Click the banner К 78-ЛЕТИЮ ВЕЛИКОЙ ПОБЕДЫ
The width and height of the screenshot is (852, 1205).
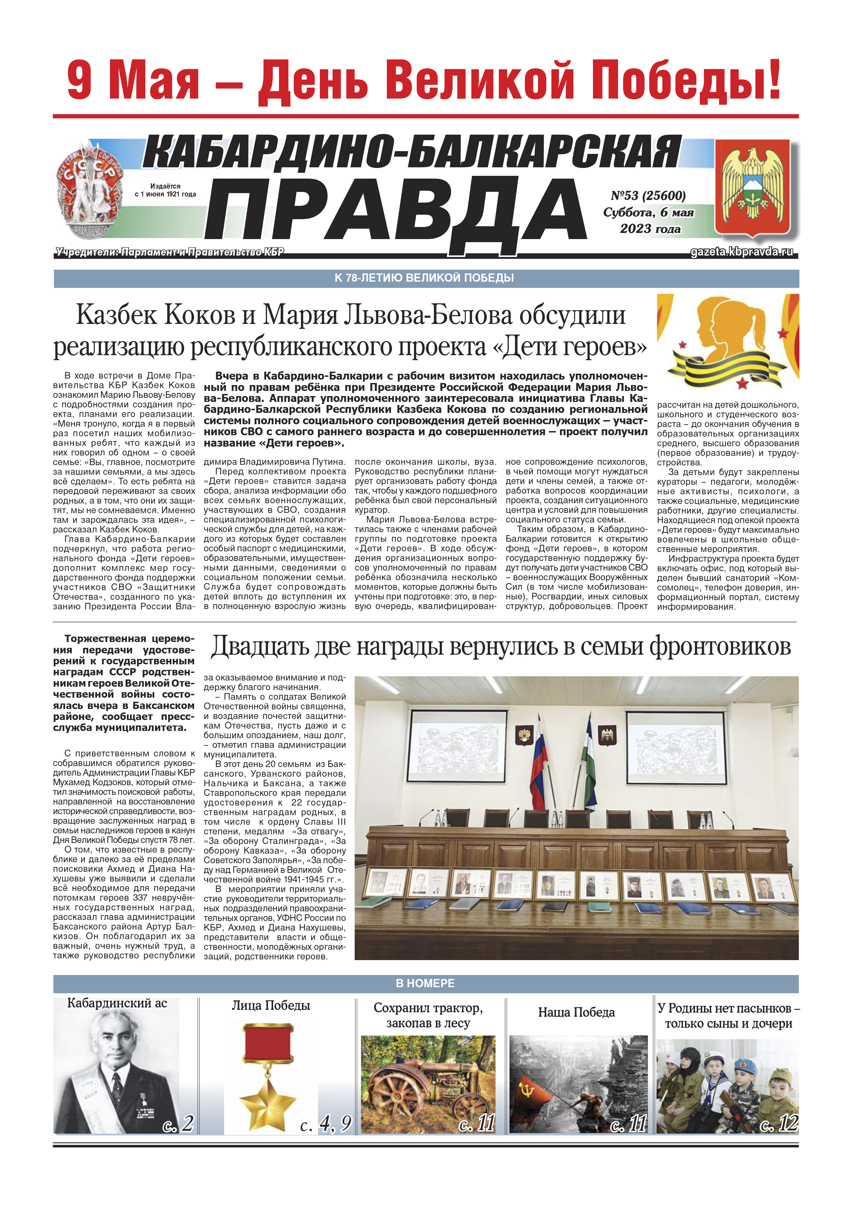(426, 278)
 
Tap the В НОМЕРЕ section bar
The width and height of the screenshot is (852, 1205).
(426, 983)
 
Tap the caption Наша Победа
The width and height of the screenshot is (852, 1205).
(576, 1012)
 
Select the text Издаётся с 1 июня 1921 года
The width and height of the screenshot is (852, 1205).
(165, 190)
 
